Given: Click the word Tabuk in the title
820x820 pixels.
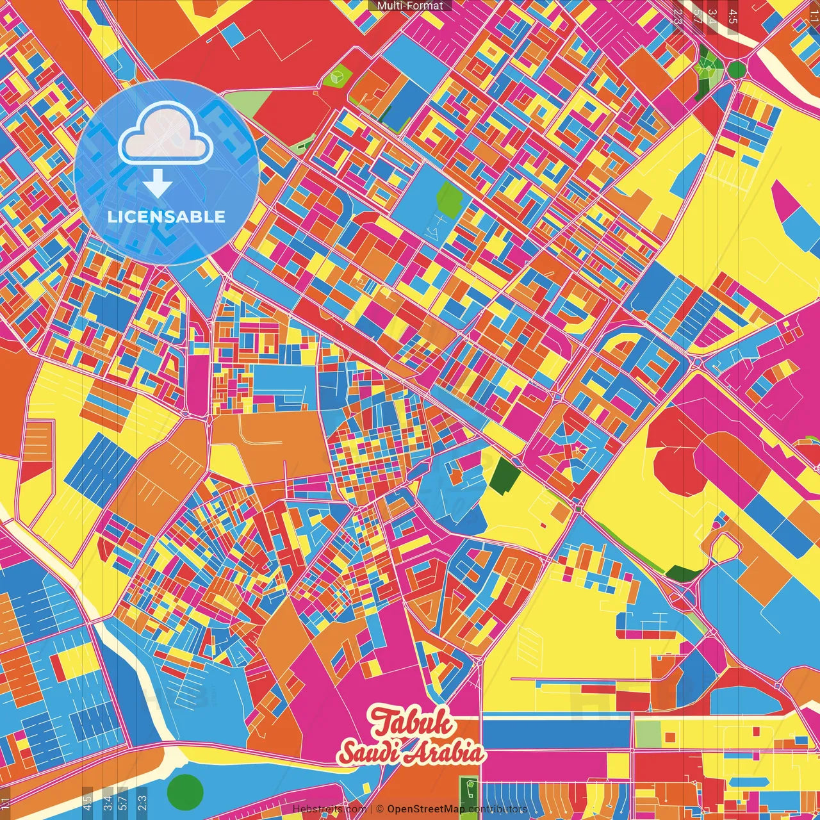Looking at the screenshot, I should click(x=413, y=723).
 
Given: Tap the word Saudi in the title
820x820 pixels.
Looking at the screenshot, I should click(x=367, y=752).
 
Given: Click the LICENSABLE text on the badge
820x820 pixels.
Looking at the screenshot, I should click(x=167, y=217).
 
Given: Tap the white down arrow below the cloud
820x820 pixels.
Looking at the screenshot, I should click(x=157, y=184).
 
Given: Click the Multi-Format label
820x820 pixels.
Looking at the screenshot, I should click(x=410, y=6).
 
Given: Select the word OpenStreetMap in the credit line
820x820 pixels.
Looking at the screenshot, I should click(x=426, y=809).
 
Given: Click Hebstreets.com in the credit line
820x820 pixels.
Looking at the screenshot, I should click(x=329, y=809).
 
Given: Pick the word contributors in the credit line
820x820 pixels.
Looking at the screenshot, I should click(x=498, y=809).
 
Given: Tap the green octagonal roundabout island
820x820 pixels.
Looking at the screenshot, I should click(x=737, y=69).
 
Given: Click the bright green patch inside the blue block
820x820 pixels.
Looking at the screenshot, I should click(x=450, y=199).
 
